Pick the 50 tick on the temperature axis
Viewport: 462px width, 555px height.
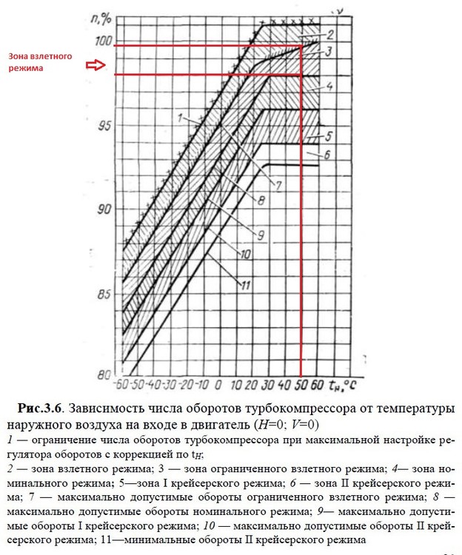click(301, 386)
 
